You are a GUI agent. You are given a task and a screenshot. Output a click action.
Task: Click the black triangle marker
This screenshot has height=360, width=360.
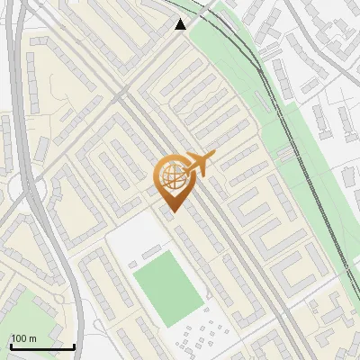click(x=181, y=24)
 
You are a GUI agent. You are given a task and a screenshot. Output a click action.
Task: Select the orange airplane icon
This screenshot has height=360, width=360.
click(x=199, y=165)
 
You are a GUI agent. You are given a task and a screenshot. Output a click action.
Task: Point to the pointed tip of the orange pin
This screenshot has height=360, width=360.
click(x=171, y=211)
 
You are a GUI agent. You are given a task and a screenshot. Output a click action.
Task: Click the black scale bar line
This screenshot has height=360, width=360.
click(x=42, y=346)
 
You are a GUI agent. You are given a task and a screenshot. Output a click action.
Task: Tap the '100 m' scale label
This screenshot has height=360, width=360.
click(x=24, y=337)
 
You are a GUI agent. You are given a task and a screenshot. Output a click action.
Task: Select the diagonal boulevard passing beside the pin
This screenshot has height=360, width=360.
click(x=216, y=225)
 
